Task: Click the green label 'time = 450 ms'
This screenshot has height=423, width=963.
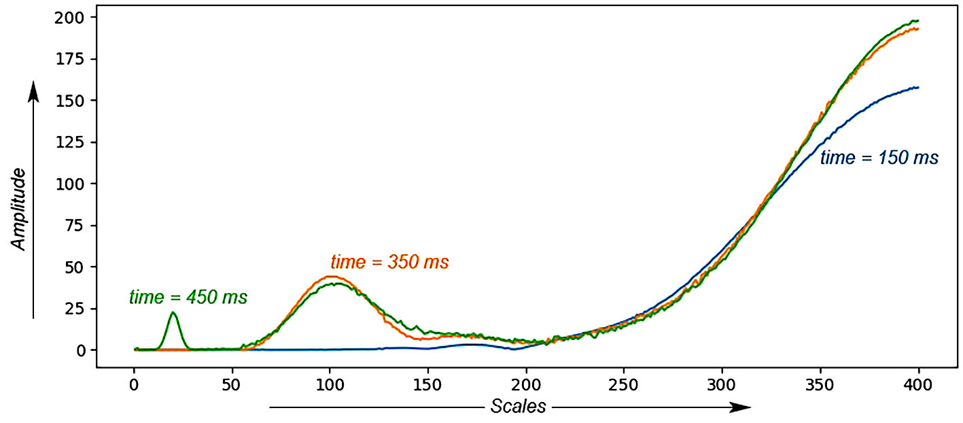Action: tap(188, 297)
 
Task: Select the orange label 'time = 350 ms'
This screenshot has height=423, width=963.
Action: tap(389, 262)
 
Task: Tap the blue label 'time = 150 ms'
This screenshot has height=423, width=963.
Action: tap(879, 158)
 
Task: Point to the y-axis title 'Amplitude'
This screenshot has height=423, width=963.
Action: tap(20, 209)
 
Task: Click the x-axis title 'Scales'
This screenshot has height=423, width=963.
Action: tap(518, 407)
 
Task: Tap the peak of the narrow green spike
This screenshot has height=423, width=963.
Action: tap(173, 312)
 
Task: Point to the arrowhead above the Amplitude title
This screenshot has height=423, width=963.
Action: tap(33, 91)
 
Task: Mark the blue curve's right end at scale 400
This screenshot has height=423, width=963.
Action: tap(918, 87)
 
